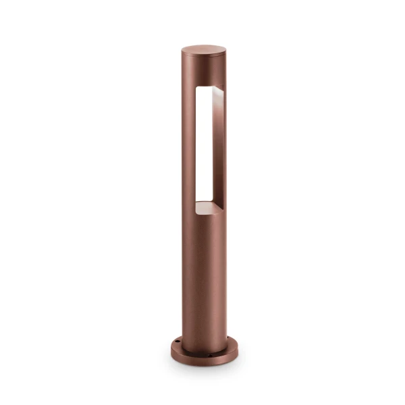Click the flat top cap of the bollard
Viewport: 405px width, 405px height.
204,51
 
